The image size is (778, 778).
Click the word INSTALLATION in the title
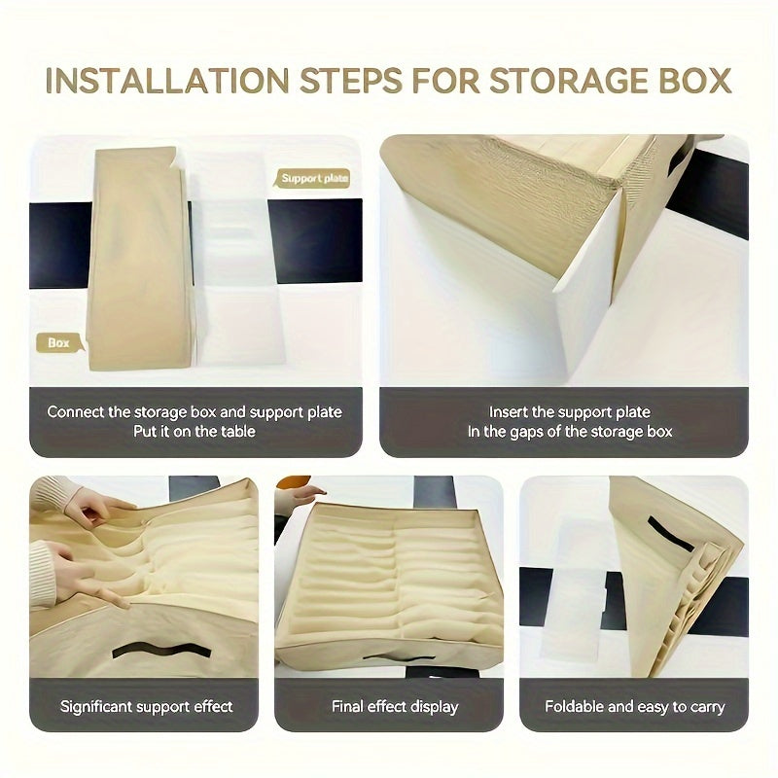pyautogui.click(x=167, y=81)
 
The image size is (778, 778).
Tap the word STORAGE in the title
pyautogui.click(x=569, y=81)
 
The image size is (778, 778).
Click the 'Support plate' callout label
pyautogui.click(x=314, y=178)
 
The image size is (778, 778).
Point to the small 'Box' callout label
pyautogui.click(x=58, y=343)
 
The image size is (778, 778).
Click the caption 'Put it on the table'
pyautogui.click(x=194, y=431)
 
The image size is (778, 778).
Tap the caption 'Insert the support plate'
pyautogui.click(x=569, y=411)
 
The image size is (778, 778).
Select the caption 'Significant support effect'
pyautogui.click(x=147, y=706)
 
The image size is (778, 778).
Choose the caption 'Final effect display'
pyautogui.click(x=395, y=706)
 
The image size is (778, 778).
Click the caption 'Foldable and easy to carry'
pyautogui.click(x=635, y=706)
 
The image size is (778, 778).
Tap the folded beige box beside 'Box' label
pyautogui.click(x=140, y=258)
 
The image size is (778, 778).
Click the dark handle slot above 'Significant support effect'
pyautogui.click(x=162, y=650)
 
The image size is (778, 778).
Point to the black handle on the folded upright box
pyautogui.click(x=670, y=533)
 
